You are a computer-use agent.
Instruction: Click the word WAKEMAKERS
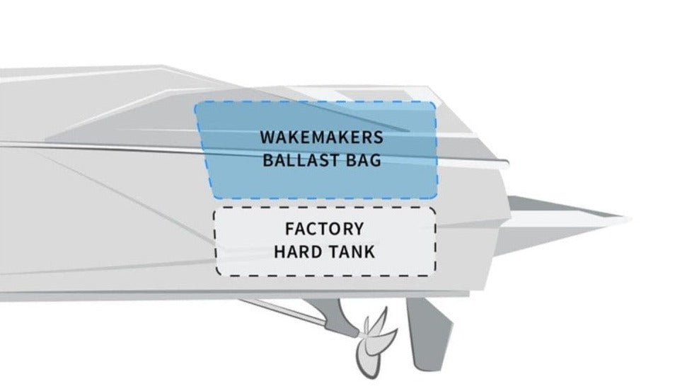pyautogui.click(x=322, y=137)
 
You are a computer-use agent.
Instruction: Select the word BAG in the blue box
pyautogui.click(x=364, y=160)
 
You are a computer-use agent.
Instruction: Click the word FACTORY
pyautogui.click(x=325, y=229)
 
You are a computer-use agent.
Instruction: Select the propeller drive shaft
pyautogui.click(x=300, y=316)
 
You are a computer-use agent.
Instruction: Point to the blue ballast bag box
pyautogui.click(x=316, y=150)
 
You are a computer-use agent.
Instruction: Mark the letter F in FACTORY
pyautogui.click(x=289, y=229)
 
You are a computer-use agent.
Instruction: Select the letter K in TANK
pyautogui.click(x=369, y=252)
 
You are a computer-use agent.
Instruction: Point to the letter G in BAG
pyautogui.click(x=376, y=160)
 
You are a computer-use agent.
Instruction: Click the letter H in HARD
pyautogui.click(x=279, y=252)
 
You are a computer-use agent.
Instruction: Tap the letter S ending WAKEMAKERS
pyautogui.click(x=378, y=137)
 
